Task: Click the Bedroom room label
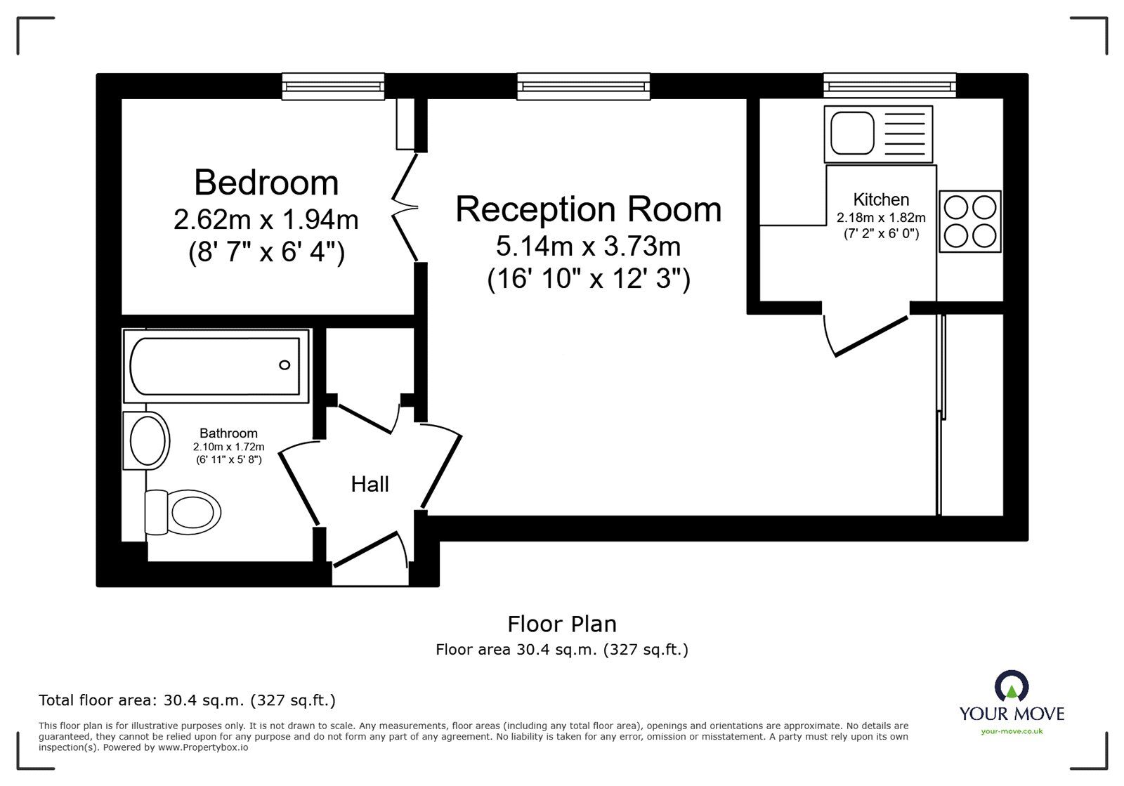pos(266,183)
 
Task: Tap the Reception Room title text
pos(588,209)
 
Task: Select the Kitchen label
pos(881,199)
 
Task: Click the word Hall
pos(370,484)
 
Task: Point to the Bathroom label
pos(228,433)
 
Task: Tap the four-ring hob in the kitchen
pos(969,221)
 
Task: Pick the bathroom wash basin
pos(148,440)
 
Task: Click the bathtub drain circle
pos(285,365)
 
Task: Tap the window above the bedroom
pos(334,86)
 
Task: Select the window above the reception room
pos(583,86)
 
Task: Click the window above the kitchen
pos(890,86)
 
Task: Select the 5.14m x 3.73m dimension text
pos(588,247)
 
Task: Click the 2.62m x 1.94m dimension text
pos(266,220)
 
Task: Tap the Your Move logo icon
pos(1012,686)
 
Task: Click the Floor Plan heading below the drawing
pos(562,624)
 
